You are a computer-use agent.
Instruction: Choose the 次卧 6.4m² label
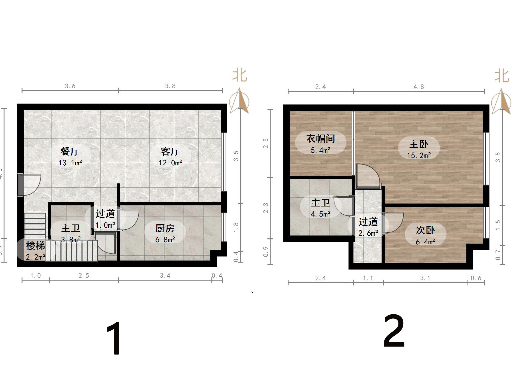pyautogui.click(x=425, y=235)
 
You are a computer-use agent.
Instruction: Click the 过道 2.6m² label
pyautogui.click(x=368, y=227)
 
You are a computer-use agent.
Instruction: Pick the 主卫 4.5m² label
pyautogui.click(x=320, y=208)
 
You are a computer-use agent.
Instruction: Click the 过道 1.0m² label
pyautogui.click(x=105, y=219)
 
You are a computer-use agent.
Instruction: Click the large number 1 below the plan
pyautogui.click(x=114, y=338)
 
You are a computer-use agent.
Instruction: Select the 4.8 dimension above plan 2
pyautogui.click(x=419, y=87)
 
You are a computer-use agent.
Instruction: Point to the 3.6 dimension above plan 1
pyautogui.click(x=70, y=86)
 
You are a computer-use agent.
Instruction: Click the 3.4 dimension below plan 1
pyautogui.click(x=165, y=276)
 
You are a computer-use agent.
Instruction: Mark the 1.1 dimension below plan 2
pyautogui.click(x=368, y=278)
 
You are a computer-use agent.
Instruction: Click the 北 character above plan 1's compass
pyautogui.click(x=240, y=75)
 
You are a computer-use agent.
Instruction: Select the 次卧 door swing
pyautogui.click(x=393, y=222)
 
